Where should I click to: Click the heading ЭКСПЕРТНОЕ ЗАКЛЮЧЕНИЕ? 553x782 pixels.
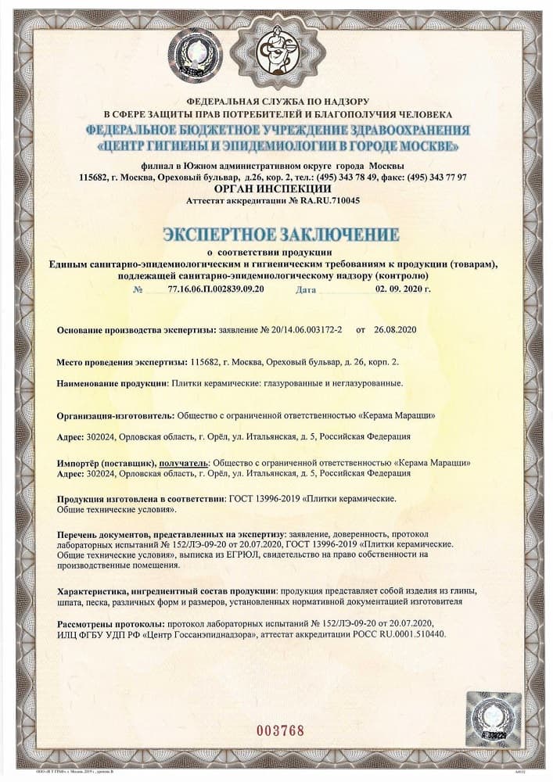[x=281, y=235]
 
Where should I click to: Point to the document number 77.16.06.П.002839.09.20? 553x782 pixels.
[x=216, y=289]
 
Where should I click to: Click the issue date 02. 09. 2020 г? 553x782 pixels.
[x=403, y=289]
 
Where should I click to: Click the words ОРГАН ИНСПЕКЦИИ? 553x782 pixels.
[x=272, y=188]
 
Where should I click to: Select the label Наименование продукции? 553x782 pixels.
[x=113, y=384]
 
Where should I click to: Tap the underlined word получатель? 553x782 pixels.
[x=184, y=463]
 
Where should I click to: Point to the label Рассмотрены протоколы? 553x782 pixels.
[x=107, y=624]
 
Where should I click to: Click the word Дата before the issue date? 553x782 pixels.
[x=307, y=289]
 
